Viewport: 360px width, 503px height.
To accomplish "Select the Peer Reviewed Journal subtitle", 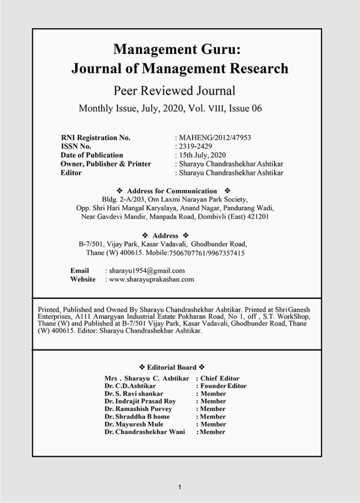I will click(174, 90).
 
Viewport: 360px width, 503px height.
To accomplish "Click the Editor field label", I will click(71, 173).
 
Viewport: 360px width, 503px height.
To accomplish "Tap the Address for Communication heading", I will click(171, 191).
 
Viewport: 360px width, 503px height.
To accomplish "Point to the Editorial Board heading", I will click(172, 367).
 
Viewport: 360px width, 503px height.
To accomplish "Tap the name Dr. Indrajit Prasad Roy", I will click(140, 401).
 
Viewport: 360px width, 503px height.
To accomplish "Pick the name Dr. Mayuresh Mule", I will click(134, 424).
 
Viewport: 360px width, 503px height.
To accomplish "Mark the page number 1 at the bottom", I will click(180, 487).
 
